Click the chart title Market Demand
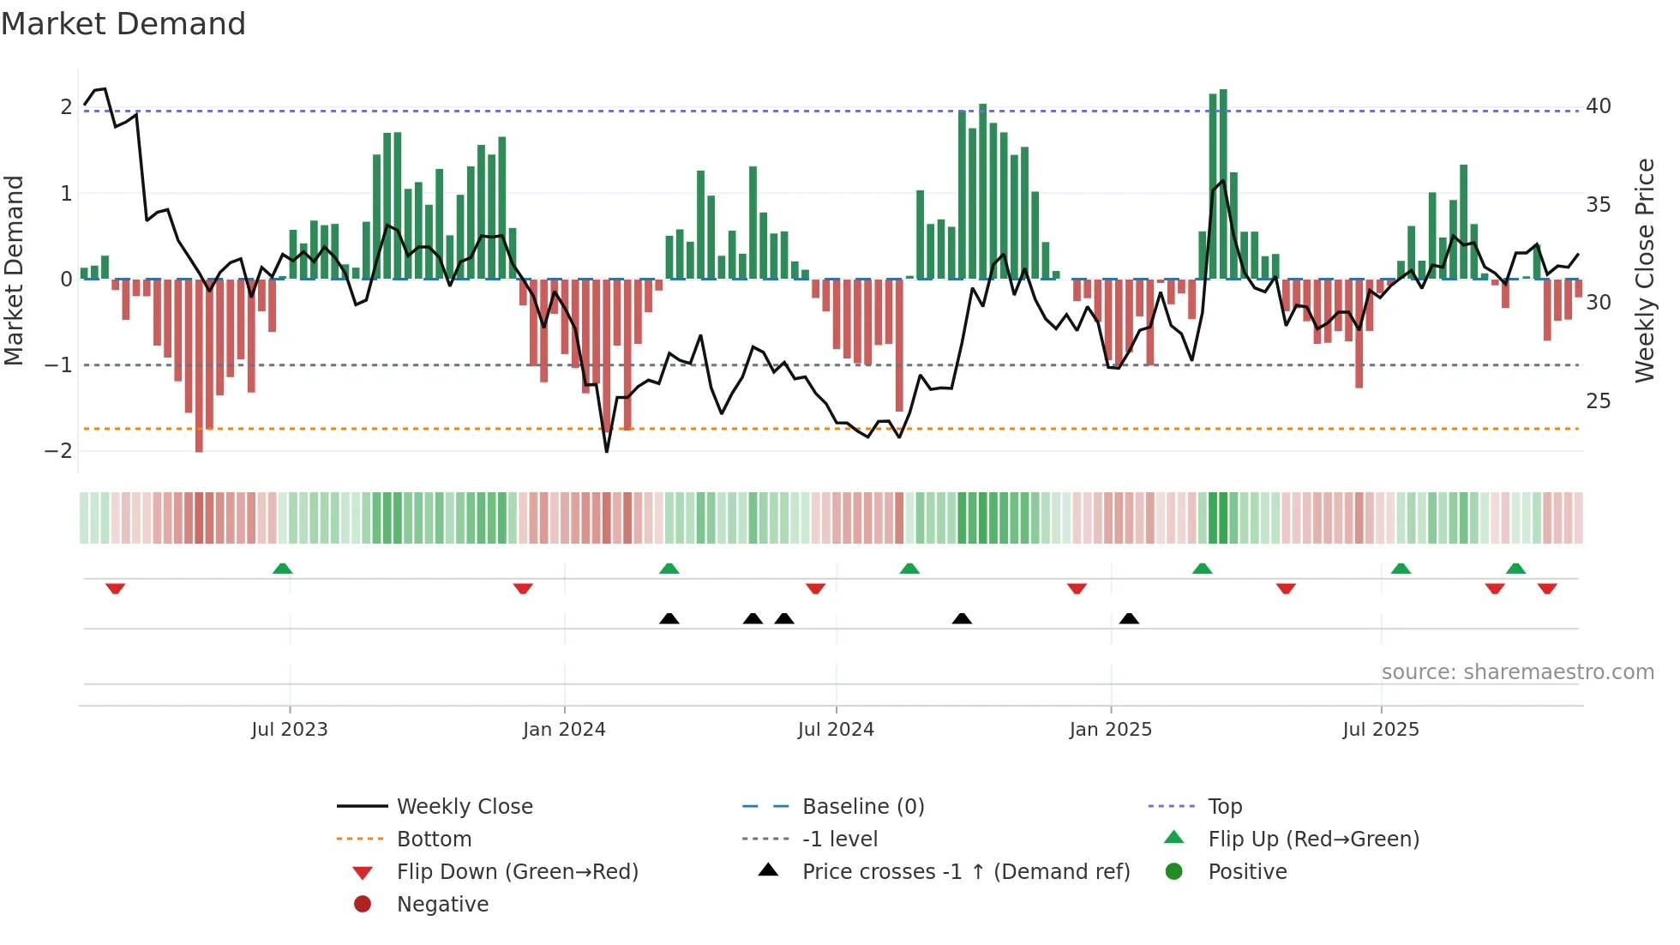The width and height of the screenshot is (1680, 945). click(x=123, y=23)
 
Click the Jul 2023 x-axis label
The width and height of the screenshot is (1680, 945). click(x=289, y=730)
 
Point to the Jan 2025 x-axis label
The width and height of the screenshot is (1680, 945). click(x=1110, y=730)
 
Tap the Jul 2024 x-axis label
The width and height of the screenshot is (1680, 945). click(x=836, y=730)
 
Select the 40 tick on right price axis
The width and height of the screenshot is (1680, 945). click(x=1598, y=106)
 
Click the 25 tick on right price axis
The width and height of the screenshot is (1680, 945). click(x=1598, y=401)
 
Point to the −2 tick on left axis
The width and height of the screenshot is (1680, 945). click(x=59, y=451)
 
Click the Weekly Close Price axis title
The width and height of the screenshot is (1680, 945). click(x=1644, y=270)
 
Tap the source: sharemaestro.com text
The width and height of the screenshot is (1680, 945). click(x=1517, y=672)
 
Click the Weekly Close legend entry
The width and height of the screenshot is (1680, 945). click(x=464, y=807)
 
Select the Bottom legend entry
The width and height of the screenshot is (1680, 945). click(x=434, y=840)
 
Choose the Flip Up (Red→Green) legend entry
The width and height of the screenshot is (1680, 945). click(x=1313, y=840)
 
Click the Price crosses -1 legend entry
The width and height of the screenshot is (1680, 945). click(x=965, y=872)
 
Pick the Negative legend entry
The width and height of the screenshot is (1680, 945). click(x=442, y=905)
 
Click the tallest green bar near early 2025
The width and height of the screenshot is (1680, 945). click(x=1223, y=184)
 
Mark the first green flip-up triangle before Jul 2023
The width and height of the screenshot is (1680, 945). click(x=282, y=569)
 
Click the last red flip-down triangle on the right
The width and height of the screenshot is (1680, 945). click(x=1547, y=588)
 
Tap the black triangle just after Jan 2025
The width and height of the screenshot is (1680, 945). click(x=1129, y=618)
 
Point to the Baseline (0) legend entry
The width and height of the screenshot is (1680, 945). click(x=862, y=807)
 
